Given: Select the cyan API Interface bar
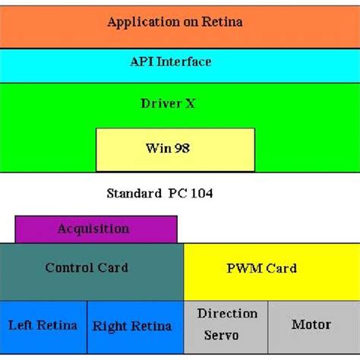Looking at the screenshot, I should click(x=180, y=62).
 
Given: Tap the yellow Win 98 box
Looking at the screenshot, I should click(x=175, y=149).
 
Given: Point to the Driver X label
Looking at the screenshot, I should click(x=168, y=103).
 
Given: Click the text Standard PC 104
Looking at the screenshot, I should click(x=159, y=194).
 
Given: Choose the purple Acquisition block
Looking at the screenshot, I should click(x=95, y=229).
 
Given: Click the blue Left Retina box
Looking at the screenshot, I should click(x=43, y=327).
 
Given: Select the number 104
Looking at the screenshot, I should click(x=201, y=194).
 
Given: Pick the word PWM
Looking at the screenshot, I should click(x=245, y=268).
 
